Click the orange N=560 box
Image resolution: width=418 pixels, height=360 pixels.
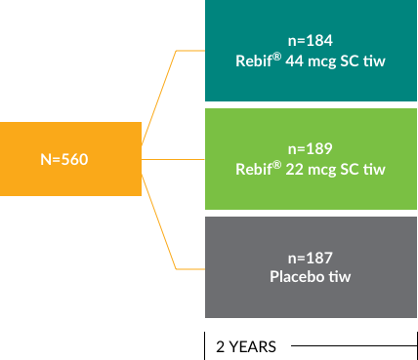70,158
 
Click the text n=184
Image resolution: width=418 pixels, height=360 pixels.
311,41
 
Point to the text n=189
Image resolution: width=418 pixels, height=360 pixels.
311,149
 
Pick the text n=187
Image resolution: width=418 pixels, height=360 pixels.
311,258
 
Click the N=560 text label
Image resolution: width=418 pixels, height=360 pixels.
64,159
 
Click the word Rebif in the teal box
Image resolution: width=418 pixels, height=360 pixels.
255,60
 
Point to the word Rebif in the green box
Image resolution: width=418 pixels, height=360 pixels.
255,169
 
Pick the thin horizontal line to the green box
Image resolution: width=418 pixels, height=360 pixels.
174,158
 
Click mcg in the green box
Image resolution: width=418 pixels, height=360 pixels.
322,170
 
